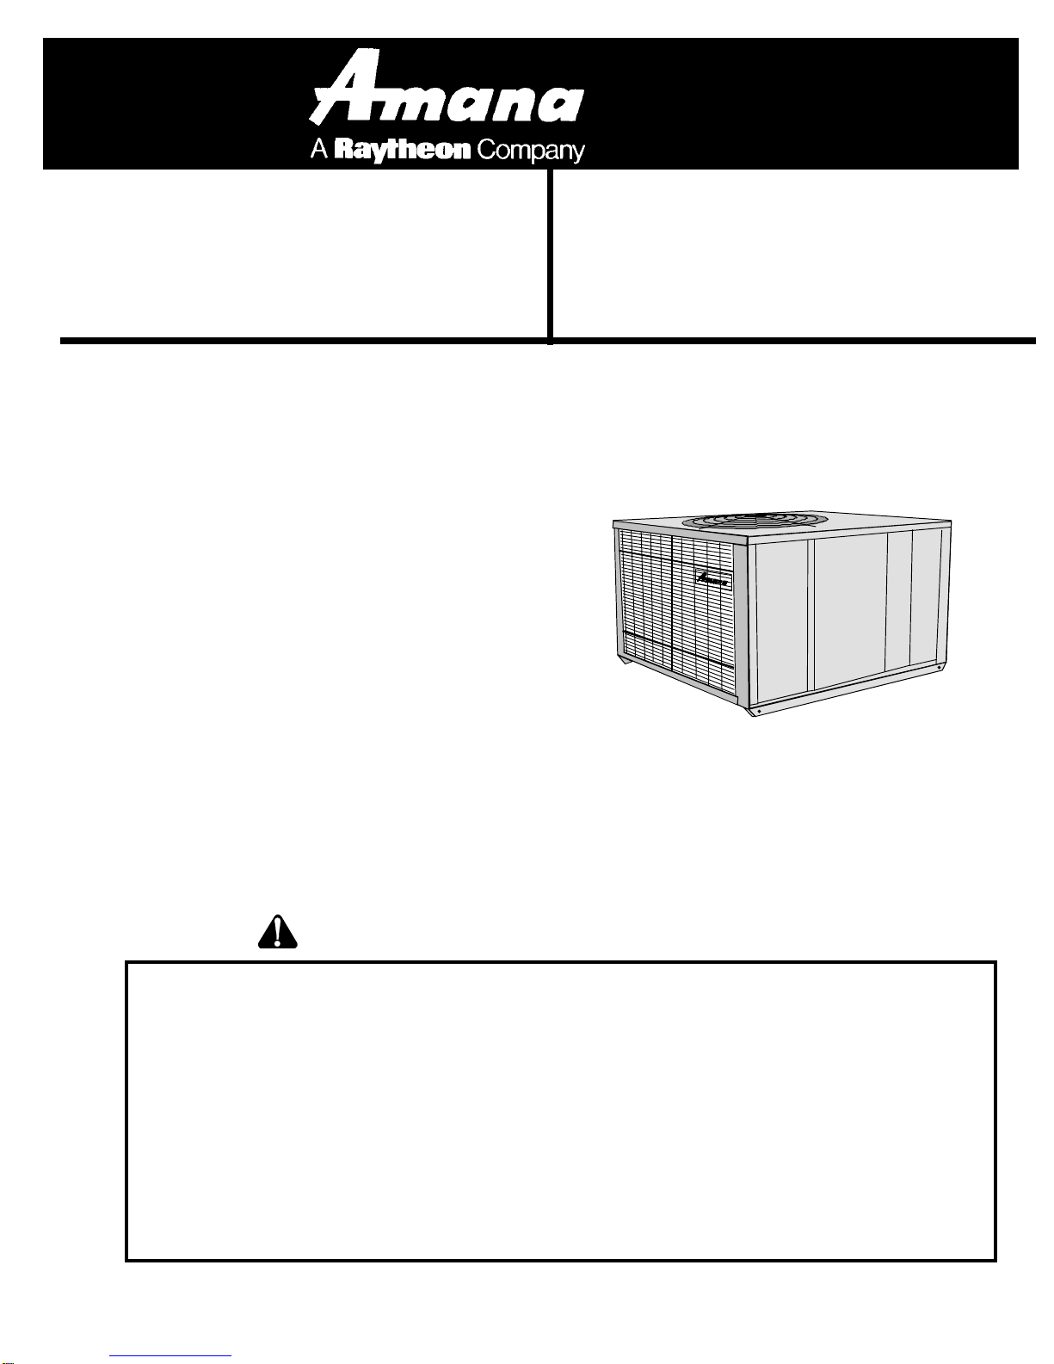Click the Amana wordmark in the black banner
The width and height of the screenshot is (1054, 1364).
(447, 87)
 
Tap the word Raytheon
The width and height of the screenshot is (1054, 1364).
(402, 151)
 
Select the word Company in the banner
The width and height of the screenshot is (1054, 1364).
(531, 151)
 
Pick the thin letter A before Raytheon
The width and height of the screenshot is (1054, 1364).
(319, 150)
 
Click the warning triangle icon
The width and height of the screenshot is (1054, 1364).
(277, 931)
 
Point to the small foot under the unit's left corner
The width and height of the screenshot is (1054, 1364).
(624, 661)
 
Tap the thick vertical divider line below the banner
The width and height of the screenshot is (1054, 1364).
(550, 256)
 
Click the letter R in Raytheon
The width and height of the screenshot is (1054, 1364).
(344, 150)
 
